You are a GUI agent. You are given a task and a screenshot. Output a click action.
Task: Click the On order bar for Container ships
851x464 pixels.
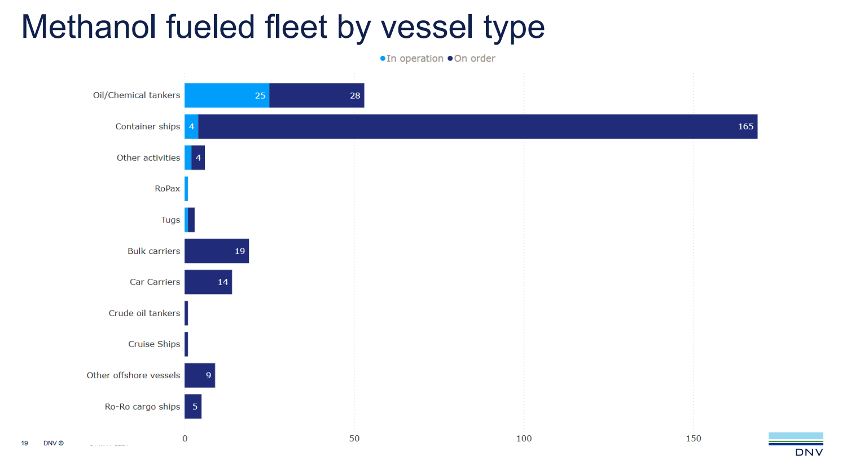[477, 126]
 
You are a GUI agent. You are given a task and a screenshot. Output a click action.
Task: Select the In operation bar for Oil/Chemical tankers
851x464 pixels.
[227, 95]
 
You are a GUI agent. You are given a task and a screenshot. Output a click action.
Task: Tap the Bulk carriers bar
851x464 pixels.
[217, 251]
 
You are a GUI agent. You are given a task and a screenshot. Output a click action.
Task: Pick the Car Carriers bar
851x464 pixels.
[208, 282]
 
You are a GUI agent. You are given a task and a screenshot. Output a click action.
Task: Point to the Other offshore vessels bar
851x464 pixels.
[200, 375]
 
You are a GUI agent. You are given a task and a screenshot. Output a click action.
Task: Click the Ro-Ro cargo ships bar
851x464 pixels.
[193, 406]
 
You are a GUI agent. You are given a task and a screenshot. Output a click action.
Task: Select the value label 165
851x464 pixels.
[745, 126]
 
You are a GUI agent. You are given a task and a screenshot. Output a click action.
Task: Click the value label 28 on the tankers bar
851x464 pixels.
[355, 95]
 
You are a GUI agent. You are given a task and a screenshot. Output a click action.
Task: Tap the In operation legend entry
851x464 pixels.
[412, 59]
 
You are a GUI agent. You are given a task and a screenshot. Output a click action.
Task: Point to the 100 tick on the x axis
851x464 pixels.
[524, 439]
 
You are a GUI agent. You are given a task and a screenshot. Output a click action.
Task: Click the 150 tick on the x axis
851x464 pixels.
[694, 439]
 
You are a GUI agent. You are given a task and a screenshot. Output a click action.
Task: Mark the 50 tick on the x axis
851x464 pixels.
[354, 439]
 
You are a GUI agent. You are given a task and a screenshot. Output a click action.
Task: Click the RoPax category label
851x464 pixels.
[168, 189]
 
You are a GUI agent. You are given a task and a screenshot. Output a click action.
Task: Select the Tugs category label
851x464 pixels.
[170, 220]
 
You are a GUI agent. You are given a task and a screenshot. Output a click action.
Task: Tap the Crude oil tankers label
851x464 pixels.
[144, 313]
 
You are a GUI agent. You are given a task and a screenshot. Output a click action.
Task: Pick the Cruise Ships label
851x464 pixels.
[154, 344]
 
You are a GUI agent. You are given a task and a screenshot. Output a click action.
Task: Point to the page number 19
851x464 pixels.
[24, 443]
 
